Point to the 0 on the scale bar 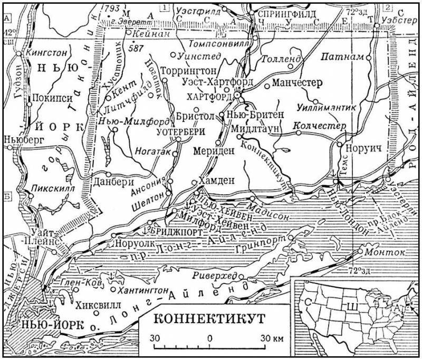[x=210, y=337]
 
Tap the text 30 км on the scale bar [x=271, y=337]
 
